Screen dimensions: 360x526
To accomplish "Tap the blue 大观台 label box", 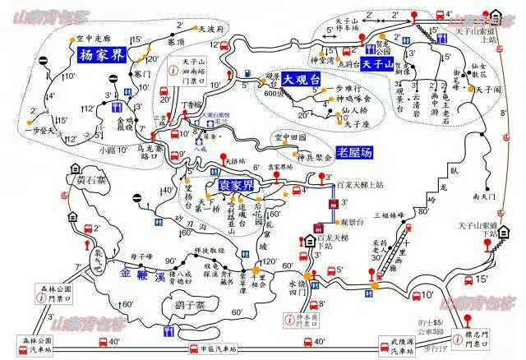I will click(x=298, y=81).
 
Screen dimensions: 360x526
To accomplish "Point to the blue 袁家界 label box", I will click(x=235, y=187).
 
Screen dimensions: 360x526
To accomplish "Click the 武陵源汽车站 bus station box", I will click(x=393, y=346).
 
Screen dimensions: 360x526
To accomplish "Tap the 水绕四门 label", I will click(x=302, y=291).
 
